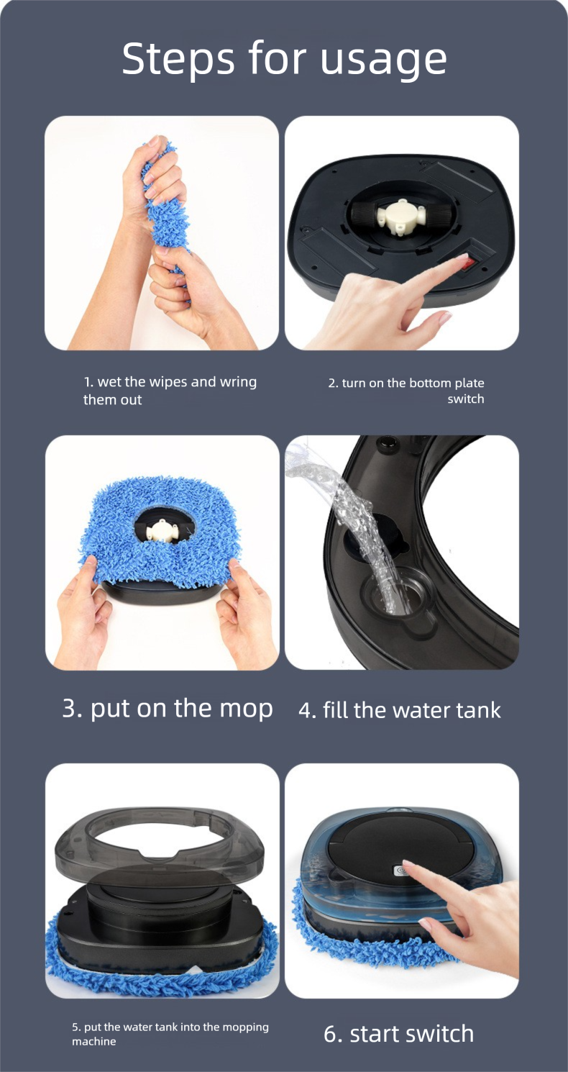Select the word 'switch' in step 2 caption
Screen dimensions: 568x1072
[x=466, y=399]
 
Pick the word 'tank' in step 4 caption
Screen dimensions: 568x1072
[x=478, y=710]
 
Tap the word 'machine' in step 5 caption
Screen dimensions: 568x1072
[x=93, y=1041]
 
